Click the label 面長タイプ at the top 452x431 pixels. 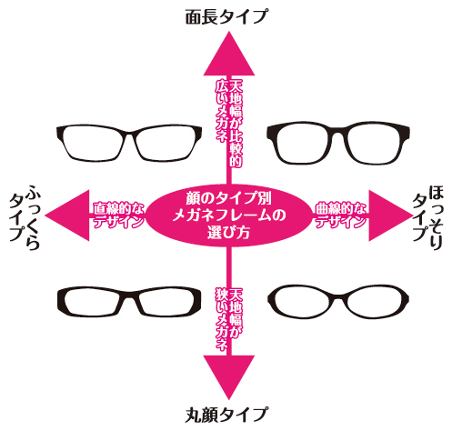coord(226,16)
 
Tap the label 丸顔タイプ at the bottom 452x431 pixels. coord(226,415)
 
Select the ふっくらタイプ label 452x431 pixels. coord(25,216)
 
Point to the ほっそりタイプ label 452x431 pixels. coord(428,217)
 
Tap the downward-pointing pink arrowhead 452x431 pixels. coord(229,375)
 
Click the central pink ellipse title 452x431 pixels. coord(229,215)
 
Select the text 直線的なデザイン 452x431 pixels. coord(118,215)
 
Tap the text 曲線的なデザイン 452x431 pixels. coord(341,215)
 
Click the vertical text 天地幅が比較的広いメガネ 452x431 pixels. coord(229,124)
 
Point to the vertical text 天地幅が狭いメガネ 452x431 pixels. coord(229,320)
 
